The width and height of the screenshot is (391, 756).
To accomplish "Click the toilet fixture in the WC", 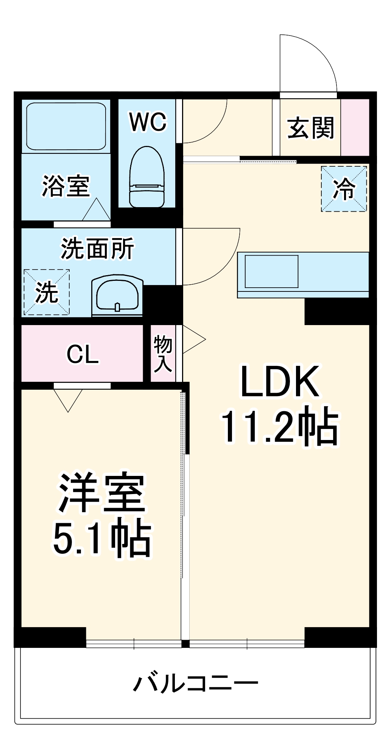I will pos(147,177).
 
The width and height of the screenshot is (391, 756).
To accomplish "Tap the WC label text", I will pos(148,122).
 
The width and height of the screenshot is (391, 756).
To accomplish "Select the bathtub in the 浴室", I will pos(66,127).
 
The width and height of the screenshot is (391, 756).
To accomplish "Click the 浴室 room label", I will pos(65,186).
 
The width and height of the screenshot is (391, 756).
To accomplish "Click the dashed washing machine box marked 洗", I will pos(47,292).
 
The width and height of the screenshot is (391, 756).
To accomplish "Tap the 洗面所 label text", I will pos(97,249).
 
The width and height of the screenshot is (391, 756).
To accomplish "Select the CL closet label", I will pos(83,355).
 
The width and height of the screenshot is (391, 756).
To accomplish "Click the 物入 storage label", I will pos(163,354).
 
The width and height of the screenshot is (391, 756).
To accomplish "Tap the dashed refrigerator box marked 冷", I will pos(344,189).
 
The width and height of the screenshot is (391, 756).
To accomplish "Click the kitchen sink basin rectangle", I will pos(271,271).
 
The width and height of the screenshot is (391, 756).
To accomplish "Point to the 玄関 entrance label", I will pos(311,128).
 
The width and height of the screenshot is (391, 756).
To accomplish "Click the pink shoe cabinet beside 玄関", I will pos(355,127).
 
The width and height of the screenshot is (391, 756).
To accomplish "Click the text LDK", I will pos(280,382).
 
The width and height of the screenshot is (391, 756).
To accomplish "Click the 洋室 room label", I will pos(101,493).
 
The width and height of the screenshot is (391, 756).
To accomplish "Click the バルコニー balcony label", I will pos(195,683).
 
